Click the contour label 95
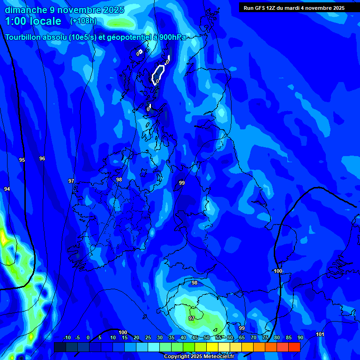[22, 160]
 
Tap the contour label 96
[42, 158]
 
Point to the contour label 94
[7, 189]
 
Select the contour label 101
[320, 334]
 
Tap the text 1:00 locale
[33, 21]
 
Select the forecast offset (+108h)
[83, 21]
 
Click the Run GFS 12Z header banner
[294, 8]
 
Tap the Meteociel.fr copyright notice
[199, 357]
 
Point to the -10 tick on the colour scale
[67, 338]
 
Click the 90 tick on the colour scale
[300, 338]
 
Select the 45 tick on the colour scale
[195, 338]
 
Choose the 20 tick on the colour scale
[136, 338]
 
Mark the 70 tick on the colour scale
[253, 338]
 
